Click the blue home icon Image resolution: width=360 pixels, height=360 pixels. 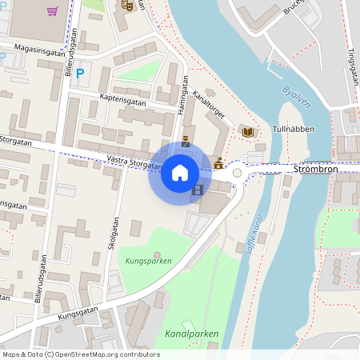point(180,172)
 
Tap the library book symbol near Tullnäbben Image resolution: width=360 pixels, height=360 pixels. point(248,131)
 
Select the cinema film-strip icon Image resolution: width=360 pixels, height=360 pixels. point(198,190)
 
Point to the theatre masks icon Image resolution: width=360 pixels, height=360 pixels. point(126,5)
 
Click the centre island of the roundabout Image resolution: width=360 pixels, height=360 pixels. point(237,172)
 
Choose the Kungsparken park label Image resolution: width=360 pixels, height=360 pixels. point(149,260)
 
